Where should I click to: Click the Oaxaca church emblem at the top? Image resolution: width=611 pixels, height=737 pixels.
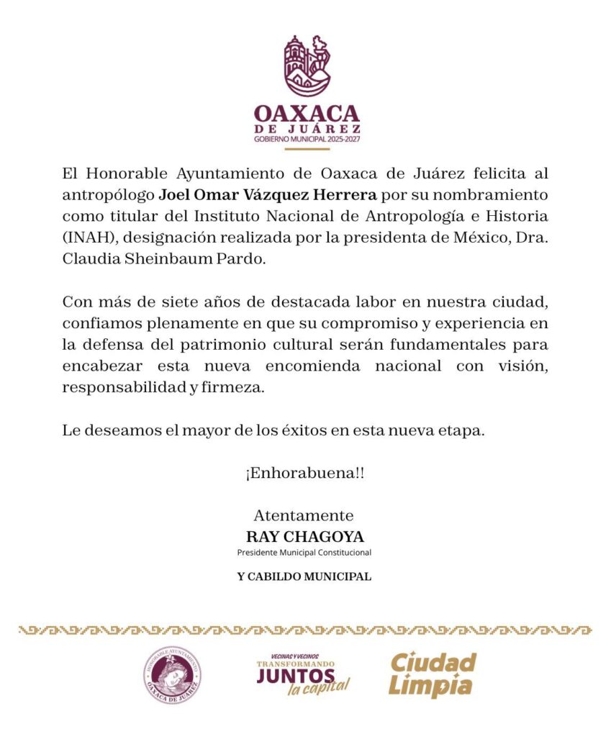306,66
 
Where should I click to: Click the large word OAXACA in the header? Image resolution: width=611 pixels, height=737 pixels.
306,114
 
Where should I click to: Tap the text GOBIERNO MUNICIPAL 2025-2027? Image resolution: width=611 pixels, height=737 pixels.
306,138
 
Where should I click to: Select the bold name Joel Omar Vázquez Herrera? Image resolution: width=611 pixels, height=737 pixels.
267,195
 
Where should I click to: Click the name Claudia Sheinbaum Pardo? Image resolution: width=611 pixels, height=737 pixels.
164,260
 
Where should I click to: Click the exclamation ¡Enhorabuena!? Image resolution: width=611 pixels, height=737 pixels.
304,474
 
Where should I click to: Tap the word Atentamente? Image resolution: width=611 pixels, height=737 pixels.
304,515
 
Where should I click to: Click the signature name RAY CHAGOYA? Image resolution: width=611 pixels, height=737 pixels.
305,537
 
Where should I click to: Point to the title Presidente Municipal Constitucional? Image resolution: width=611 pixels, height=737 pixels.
304,553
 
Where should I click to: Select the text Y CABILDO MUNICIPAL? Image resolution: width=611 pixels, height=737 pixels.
304,577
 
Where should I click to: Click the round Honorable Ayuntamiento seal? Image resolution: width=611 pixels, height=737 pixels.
171,675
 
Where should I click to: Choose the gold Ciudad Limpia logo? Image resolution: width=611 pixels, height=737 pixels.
433,675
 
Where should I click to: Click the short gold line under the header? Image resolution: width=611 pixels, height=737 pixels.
307,148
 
